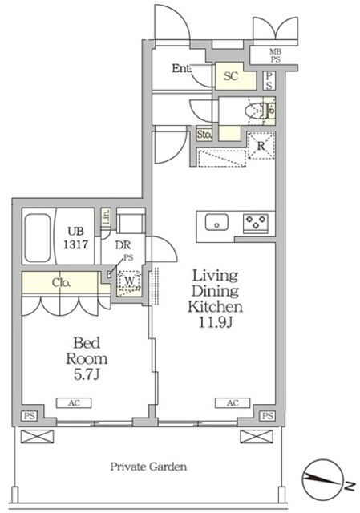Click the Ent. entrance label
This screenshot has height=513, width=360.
(x=182, y=68)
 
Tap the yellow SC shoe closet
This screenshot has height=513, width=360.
(x=235, y=76)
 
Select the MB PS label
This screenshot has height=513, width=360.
(x=275, y=55)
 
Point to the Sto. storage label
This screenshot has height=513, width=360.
(x=204, y=135)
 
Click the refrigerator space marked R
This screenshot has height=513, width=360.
(x=261, y=146)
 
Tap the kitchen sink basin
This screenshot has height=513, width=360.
(x=216, y=223)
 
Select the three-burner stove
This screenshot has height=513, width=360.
(x=255, y=223)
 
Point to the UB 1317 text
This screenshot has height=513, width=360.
(x=75, y=237)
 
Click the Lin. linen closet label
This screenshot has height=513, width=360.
(x=105, y=216)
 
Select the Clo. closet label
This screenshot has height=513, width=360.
(x=61, y=283)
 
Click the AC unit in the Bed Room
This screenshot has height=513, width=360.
(x=74, y=402)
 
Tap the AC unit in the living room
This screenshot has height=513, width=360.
(x=233, y=402)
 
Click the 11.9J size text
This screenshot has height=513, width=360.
(x=215, y=322)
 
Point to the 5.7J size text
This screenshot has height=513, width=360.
(x=87, y=374)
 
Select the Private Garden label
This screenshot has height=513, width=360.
(x=148, y=467)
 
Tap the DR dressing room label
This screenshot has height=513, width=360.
(x=123, y=244)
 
